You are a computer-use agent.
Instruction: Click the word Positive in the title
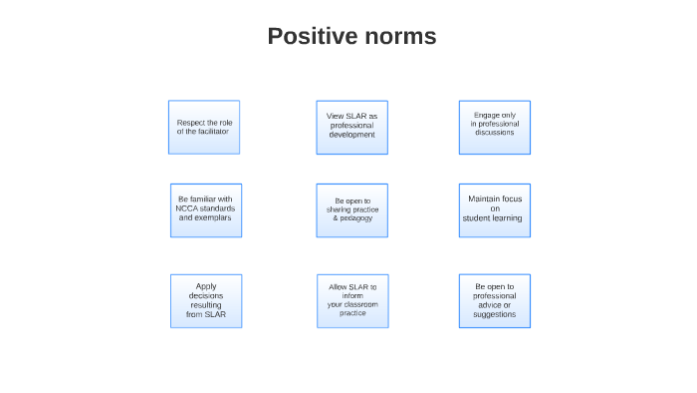pos(312,37)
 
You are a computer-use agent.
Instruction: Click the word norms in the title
pos(398,37)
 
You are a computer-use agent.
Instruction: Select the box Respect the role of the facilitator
pos(204,127)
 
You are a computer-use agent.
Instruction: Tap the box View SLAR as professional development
pos(351,127)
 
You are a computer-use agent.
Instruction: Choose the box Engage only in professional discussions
pos(494,127)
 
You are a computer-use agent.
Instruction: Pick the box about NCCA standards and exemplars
pos(206,209)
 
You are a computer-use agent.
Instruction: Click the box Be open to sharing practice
pos(351,209)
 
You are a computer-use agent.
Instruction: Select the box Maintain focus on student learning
pos(494,209)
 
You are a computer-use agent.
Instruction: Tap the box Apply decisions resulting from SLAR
pos(206,300)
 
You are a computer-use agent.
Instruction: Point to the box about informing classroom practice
pos(352,300)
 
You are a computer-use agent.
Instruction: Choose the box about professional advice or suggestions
pos(494,300)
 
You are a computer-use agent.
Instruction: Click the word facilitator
pos(212,132)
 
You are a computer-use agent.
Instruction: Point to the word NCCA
pos(187,208)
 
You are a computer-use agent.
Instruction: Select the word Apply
pos(206,286)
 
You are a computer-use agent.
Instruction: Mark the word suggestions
pos(495,314)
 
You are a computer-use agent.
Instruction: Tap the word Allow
pos(339,287)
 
